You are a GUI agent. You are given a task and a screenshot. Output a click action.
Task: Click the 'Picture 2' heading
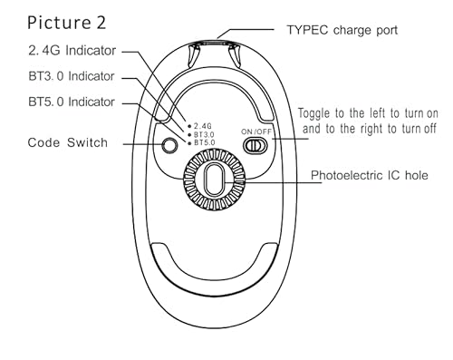pyautogui.click(x=67, y=23)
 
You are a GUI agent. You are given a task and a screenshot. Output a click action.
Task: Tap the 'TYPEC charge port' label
pyautogui.click(x=342, y=30)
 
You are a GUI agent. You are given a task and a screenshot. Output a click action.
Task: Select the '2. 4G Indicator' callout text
pyautogui.click(x=72, y=51)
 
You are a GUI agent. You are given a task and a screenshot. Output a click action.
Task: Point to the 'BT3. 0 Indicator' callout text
pyautogui.click(x=72, y=76)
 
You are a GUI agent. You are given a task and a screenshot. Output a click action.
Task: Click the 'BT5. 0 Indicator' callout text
pyautogui.click(x=72, y=102)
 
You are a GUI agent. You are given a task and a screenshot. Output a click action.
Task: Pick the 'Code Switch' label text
pyautogui.click(x=68, y=142)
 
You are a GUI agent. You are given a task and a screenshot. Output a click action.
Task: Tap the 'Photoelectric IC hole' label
pyautogui.click(x=370, y=175)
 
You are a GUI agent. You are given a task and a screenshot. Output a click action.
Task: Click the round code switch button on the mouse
pyautogui.click(x=169, y=145)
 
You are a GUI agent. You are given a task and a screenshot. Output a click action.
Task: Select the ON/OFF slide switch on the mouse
pyautogui.click(x=255, y=145)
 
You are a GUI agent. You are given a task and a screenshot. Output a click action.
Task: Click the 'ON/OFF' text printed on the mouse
pyautogui.click(x=256, y=131)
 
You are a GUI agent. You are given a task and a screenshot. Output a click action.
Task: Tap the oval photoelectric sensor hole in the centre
pyautogui.click(x=214, y=180)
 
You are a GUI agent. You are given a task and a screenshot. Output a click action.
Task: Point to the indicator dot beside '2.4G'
pyautogui.click(x=189, y=126)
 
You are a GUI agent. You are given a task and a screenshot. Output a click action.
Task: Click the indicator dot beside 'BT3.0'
pyautogui.click(x=189, y=135)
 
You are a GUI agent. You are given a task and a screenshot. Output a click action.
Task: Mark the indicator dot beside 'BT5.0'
pyautogui.click(x=189, y=143)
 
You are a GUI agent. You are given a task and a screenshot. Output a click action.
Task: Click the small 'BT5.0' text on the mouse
pyautogui.click(x=205, y=142)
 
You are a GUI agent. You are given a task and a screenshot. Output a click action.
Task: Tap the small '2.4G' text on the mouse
pyautogui.click(x=203, y=126)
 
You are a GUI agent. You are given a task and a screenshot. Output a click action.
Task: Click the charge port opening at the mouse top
pyautogui.click(x=214, y=43)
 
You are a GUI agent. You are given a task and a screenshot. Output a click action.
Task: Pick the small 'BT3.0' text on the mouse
pyautogui.click(x=204, y=134)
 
